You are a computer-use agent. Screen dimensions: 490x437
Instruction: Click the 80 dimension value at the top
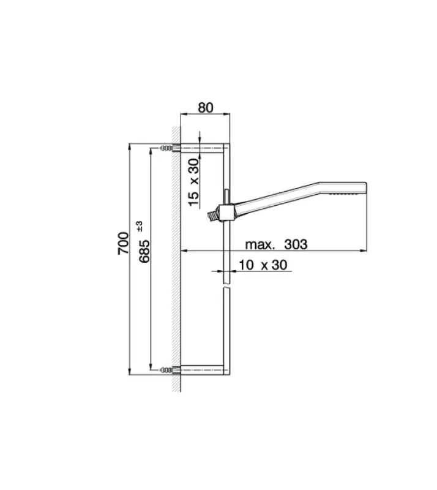point(205,107)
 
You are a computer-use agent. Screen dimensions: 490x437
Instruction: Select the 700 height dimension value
point(124,243)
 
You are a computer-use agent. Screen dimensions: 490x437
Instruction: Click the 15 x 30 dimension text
point(194,181)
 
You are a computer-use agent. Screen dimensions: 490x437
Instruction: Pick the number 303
point(294,244)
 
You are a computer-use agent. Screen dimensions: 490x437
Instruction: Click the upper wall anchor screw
point(166,148)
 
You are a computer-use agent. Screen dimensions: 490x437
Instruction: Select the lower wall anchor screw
point(166,370)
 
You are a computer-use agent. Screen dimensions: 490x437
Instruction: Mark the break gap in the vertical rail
point(227,287)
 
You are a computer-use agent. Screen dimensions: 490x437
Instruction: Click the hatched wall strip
point(176,257)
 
